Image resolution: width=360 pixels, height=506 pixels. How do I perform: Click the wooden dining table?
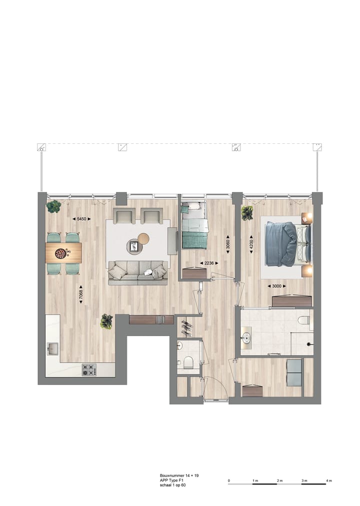point(63,253)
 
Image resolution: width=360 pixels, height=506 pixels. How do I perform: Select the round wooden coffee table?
point(143,239)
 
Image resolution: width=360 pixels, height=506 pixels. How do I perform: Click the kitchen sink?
point(53,348)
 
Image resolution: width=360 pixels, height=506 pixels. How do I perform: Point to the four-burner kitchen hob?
point(89,370)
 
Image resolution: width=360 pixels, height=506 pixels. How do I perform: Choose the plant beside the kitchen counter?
point(106,321)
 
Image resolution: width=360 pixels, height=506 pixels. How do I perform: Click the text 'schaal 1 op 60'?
point(173,485)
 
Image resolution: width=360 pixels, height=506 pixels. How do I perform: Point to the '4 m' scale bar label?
point(328,481)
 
